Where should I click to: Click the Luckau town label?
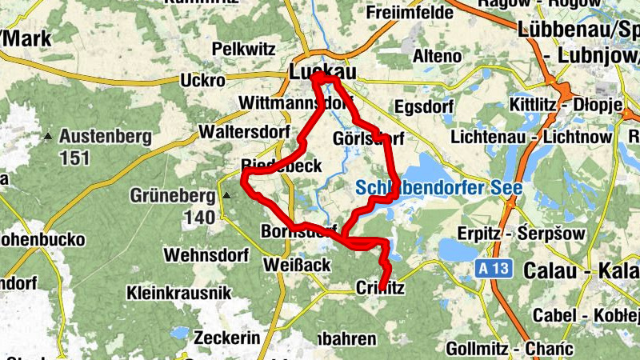(322, 71)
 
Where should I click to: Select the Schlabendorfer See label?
(438, 189)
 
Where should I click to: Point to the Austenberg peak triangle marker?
(50, 137)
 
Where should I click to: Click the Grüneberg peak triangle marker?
(226, 195)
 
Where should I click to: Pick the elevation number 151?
(74, 158)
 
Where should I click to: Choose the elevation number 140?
(200, 216)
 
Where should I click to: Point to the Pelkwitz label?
(244, 49)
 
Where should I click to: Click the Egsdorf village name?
(424, 106)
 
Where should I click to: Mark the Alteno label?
(437, 56)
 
